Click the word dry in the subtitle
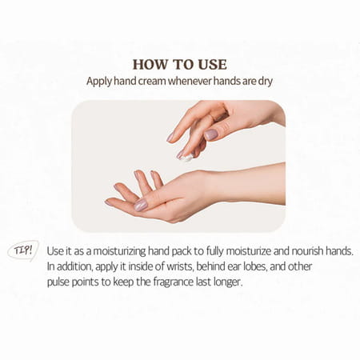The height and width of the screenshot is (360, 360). (x=272, y=81)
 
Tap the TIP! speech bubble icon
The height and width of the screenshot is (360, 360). (x=23, y=250)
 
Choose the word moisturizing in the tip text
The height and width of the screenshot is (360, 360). (x=136, y=250)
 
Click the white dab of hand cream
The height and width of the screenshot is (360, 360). (x=186, y=159)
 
